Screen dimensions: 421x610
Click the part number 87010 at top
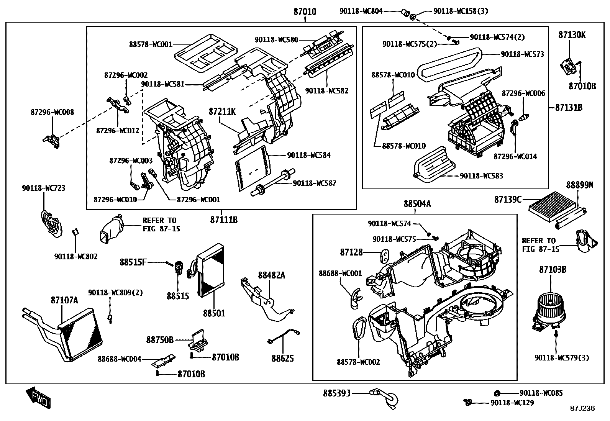click(305, 12)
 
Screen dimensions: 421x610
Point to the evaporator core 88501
click(210, 270)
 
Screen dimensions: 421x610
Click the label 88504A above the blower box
click(417, 204)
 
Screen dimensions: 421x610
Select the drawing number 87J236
click(582, 408)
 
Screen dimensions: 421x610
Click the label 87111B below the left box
click(223, 220)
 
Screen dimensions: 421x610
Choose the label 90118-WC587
click(314, 183)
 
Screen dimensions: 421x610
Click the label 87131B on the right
click(569, 108)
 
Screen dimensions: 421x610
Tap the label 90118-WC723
click(43, 188)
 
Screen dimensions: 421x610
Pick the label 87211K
click(222, 112)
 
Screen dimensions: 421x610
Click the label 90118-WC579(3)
click(562, 358)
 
